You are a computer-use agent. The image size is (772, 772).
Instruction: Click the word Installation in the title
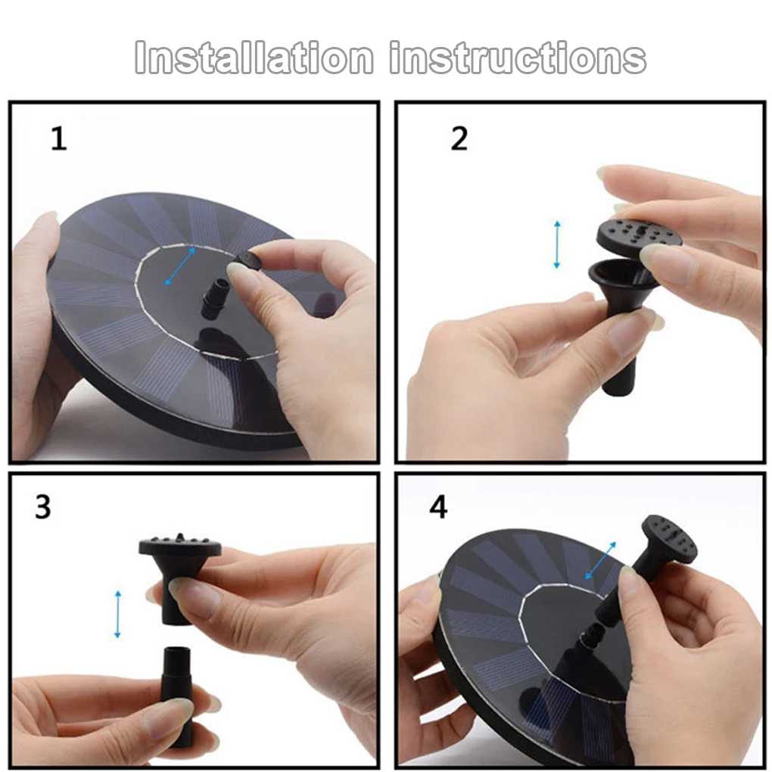pyautogui.click(x=254, y=58)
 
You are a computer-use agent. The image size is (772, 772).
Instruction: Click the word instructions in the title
pyautogui.click(x=518, y=58)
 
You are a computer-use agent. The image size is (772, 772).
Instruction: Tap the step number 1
pyautogui.click(x=59, y=139)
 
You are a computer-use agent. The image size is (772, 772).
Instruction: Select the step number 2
pyautogui.click(x=459, y=139)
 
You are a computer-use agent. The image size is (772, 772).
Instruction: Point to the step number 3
pyautogui.click(x=43, y=506)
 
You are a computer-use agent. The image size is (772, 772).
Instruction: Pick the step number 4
pyautogui.click(x=438, y=506)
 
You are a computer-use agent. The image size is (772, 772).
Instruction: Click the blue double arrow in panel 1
pyautogui.click(x=180, y=266)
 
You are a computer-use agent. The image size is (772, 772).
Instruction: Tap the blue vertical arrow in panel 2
pyautogui.click(x=557, y=244)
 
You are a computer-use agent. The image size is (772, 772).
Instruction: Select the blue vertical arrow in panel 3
pyautogui.click(x=117, y=615)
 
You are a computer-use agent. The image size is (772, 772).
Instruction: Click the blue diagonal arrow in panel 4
pyautogui.click(x=600, y=560)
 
